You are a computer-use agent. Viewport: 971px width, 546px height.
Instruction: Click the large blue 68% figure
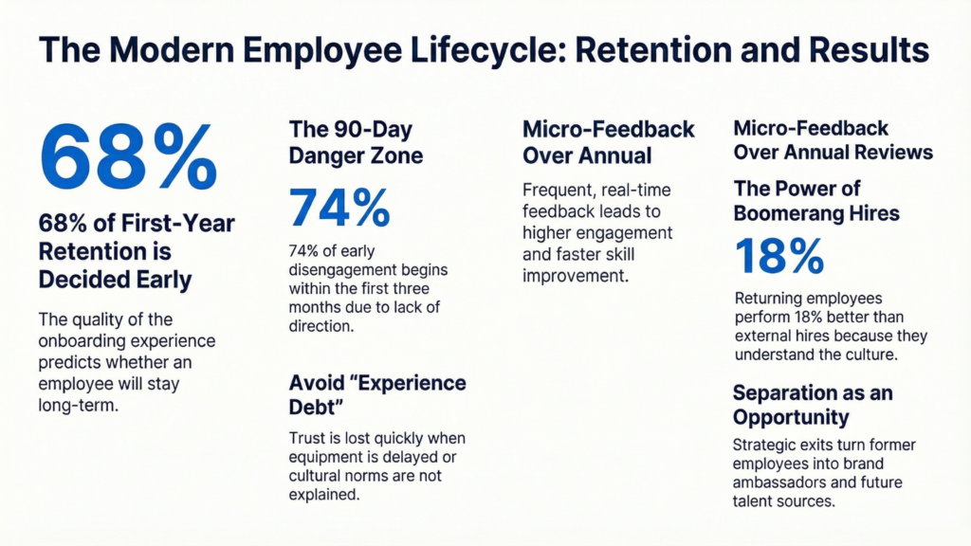[x=127, y=155]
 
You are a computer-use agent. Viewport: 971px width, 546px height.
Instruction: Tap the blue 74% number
[x=339, y=208]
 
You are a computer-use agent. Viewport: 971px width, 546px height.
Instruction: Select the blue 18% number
[x=779, y=257]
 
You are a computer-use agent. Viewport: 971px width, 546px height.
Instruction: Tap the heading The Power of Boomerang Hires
[x=815, y=199]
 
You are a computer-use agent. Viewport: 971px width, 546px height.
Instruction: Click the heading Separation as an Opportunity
[x=813, y=404]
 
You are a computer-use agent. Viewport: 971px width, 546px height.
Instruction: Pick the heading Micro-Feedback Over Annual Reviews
[x=833, y=139]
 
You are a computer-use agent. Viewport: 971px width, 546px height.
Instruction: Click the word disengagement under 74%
[x=338, y=270]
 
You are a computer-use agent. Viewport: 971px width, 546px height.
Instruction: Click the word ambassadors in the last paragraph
[x=777, y=482]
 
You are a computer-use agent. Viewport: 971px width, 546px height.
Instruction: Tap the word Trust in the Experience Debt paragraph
[x=307, y=439]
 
